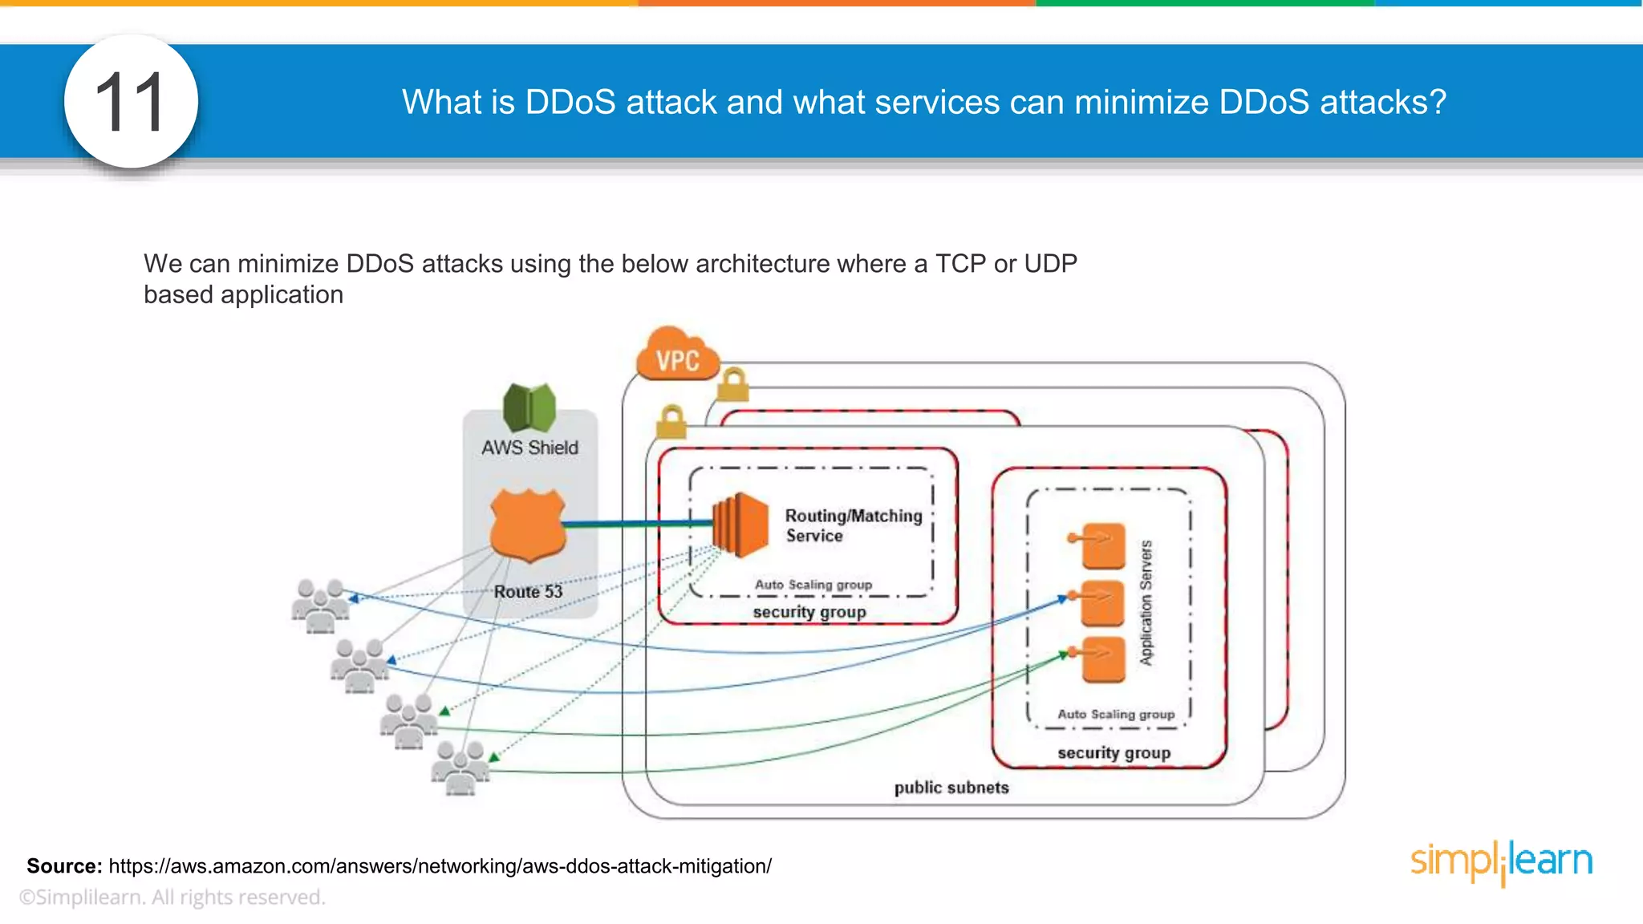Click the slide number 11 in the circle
click(x=130, y=103)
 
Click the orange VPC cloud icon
click(x=676, y=356)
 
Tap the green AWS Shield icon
click(x=529, y=407)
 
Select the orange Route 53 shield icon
click(x=528, y=525)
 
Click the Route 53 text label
click(x=528, y=592)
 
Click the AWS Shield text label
click(x=529, y=448)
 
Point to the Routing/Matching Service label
click(x=852, y=525)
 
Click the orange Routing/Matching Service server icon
click(x=740, y=525)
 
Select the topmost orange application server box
click(x=1101, y=545)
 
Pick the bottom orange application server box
click(x=1101, y=659)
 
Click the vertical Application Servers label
click(x=1146, y=602)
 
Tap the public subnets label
click(x=951, y=788)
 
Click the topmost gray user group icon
click(x=320, y=605)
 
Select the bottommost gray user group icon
click(x=460, y=768)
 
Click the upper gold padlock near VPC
click(x=732, y=385)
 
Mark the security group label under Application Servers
click(x=1114, y=753)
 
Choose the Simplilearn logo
click(x=1501, y=861)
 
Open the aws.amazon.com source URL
click(x=440, y=866)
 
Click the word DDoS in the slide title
click(x=570, y=103)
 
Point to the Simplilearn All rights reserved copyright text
click(x=172, y=898)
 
